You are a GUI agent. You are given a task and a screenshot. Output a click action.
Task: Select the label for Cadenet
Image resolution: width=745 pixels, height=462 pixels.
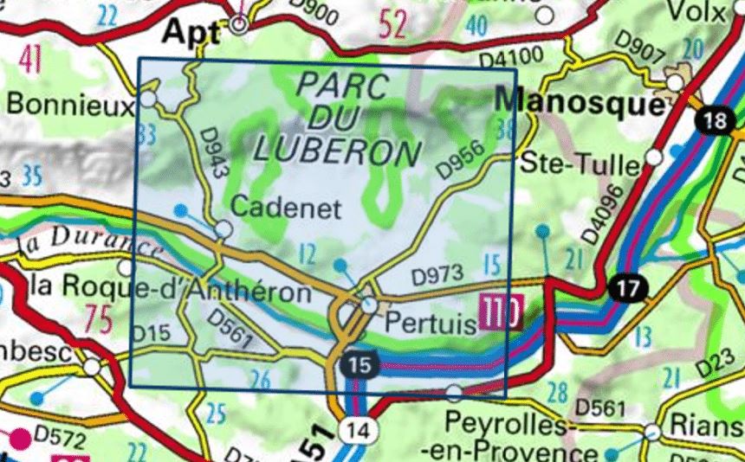click(288, 209)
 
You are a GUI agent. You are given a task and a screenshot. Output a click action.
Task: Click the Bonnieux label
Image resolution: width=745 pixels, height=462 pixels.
click(68, 104)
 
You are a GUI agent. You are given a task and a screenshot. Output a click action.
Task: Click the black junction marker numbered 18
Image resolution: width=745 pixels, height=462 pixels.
click(716, 120)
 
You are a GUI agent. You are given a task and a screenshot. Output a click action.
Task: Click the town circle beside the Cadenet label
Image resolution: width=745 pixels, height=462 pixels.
click(223, 228)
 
